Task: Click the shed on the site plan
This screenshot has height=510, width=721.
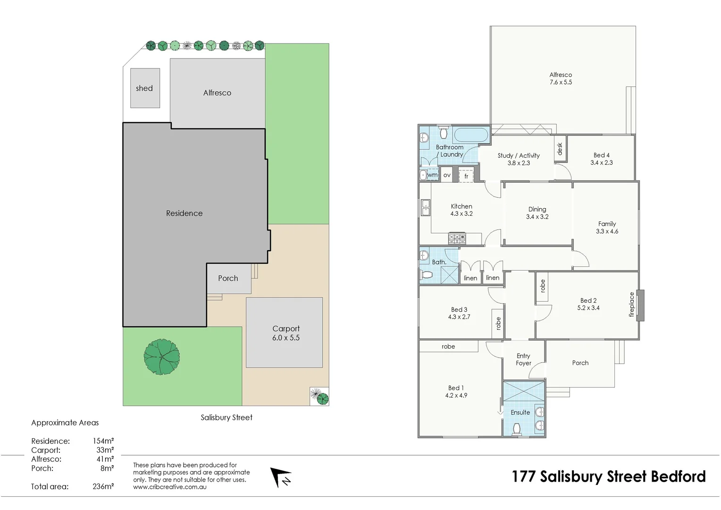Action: coord(145,88)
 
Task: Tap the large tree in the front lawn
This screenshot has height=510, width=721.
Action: coord(161,357)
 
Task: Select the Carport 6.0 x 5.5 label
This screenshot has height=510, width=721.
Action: coord(285,333)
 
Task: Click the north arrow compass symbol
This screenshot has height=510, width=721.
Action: coord(281,477)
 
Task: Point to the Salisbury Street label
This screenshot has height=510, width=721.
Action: coord(226,417)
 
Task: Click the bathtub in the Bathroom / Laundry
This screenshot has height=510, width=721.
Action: coord(470,135)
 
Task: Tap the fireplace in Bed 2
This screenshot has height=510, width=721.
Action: coord(640,305)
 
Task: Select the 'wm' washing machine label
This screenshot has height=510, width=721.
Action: coord(432,175)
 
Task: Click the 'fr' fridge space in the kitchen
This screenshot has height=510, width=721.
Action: coord(466,175)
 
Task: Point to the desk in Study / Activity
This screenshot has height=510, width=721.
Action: coord(560,149)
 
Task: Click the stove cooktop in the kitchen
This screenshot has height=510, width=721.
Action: coord(457,238)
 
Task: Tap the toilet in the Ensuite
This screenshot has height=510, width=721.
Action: coord(517,429)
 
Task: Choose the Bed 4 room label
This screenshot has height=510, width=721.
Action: coord(601,159)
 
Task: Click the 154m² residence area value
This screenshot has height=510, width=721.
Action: coord(103,441)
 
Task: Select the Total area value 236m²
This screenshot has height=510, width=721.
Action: coord(103,486)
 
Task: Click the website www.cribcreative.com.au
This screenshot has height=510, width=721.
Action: coord(169,487)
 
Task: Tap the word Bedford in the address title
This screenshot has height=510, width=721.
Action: coord(678,476)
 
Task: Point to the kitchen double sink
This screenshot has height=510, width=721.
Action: coord(425,207)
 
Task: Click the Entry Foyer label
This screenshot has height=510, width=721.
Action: coord(523,359)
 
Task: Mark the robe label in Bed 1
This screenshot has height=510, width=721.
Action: coord(448,347)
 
